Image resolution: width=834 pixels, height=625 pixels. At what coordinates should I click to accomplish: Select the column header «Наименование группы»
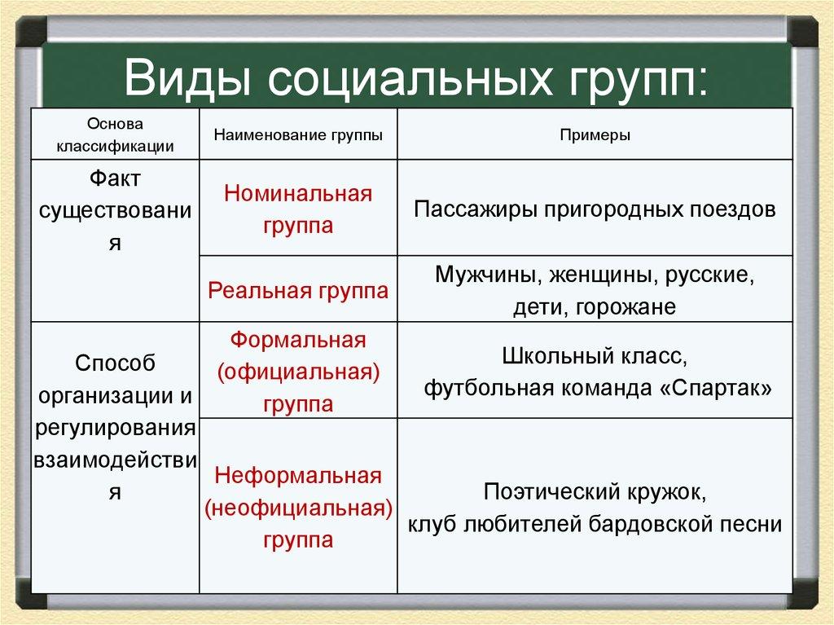(298, 134)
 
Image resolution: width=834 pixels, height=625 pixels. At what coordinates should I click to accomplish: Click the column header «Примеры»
(595, 134)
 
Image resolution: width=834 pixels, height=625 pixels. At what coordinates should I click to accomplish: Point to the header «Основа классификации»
(115, 134)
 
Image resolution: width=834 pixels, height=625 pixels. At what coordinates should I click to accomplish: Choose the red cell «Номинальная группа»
(298, 209)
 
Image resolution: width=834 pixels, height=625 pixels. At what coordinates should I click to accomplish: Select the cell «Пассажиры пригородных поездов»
(595, 209)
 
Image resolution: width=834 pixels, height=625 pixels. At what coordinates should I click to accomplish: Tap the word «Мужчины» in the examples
(481, 275)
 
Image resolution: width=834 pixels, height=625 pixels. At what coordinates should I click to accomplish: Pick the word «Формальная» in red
(298, 339)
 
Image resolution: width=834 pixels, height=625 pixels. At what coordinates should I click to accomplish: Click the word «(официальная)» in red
(298, 372)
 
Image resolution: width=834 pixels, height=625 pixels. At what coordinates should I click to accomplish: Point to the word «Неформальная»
(298, 475)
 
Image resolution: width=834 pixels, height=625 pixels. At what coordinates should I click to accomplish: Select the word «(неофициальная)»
(298, 508)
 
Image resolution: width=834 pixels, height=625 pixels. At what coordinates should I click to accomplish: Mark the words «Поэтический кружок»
(595, 491)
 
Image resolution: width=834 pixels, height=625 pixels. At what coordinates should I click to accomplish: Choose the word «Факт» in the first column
(115, 178)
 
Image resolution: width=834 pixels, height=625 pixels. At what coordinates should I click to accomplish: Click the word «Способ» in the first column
(115, 363)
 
